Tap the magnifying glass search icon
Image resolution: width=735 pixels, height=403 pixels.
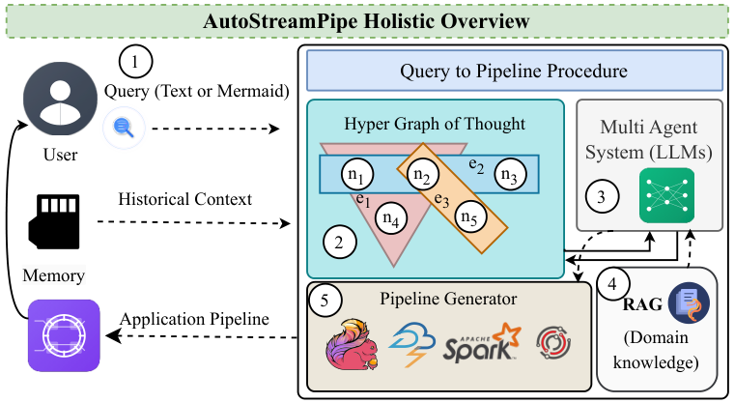click(124, 128)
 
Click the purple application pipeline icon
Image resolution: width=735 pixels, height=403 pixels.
click(64, 334)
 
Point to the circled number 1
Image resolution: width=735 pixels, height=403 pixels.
click(135, 65)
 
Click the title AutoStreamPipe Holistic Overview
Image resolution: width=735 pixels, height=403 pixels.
click(366, 20)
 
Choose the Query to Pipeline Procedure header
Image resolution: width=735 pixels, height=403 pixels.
click(515, 71)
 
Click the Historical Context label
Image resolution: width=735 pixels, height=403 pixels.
click(184, 199)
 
